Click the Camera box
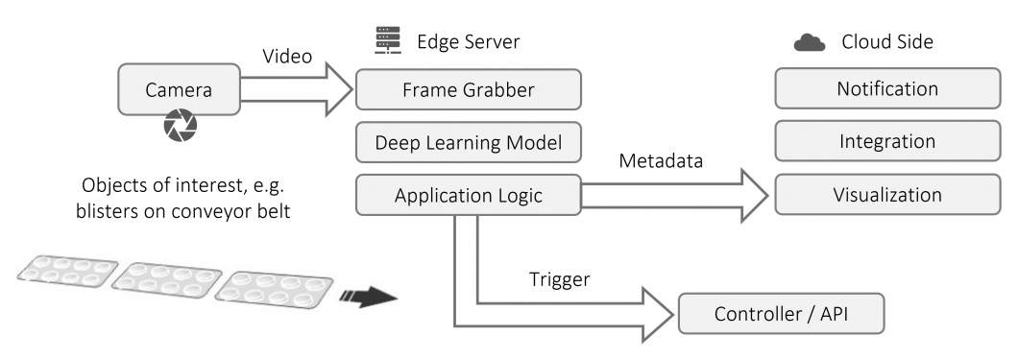click(178, 91)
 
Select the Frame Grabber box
click(468, 89)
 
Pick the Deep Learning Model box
click(468, 143)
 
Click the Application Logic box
click(468, 196)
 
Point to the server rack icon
click(386, 41)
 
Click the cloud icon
click(810, 43)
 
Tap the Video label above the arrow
click(287, 57)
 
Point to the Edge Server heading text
click(468, 42)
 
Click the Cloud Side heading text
click(886, 42)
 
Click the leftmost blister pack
click(67, 274)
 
